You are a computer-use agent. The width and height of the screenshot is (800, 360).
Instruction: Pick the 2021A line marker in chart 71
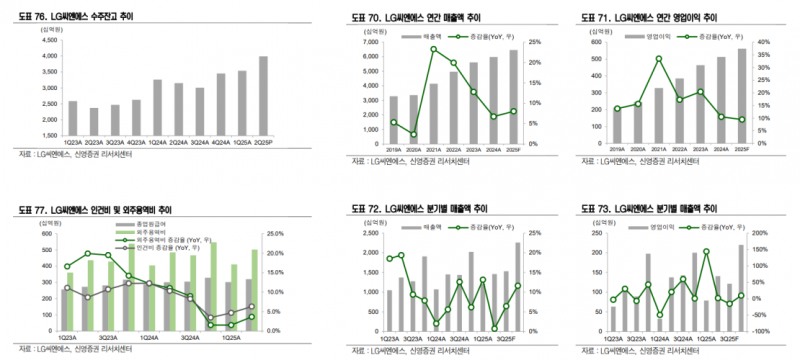pos(659,59)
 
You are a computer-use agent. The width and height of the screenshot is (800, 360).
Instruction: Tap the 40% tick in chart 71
pos(763,41)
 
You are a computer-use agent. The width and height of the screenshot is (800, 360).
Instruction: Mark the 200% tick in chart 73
pos(762,234)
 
